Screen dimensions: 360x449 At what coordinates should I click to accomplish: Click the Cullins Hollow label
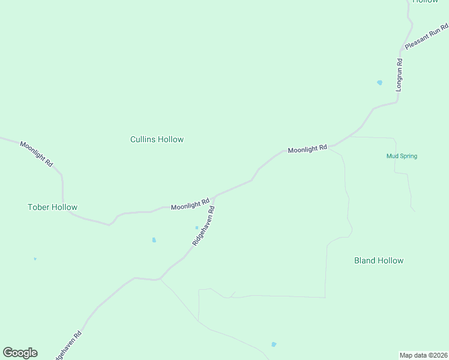pos(157,139)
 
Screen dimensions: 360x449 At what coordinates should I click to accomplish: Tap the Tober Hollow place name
pos(52,207)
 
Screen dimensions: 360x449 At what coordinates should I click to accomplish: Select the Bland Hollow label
pos(379,260)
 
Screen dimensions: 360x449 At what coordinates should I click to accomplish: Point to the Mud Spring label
pos(402,156)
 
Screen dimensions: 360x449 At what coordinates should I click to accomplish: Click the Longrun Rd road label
pos(399,74)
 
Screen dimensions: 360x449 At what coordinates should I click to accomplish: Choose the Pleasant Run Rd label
pos(426,37)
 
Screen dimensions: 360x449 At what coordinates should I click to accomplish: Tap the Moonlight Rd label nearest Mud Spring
pos(307,149)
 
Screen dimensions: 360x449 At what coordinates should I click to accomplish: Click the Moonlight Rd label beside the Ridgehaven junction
pos(190,205)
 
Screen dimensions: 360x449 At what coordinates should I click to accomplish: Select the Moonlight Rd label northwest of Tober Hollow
pos(37,154)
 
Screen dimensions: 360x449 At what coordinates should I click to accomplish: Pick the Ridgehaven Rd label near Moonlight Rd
pos(203,226)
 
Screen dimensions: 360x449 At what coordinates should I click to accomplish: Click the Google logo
pos(20,353)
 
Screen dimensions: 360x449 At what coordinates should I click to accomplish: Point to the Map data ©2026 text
pos(423,355)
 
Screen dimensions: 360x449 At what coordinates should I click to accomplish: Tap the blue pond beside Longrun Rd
pos(379,82)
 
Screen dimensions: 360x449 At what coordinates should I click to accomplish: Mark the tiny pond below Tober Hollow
pos(35,259)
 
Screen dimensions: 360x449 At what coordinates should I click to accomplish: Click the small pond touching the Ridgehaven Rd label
pos(196,227)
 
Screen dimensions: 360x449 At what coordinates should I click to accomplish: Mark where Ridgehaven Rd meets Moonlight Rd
pos(215,196)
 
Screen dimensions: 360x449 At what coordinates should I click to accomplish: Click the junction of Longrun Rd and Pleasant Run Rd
pos(402,49)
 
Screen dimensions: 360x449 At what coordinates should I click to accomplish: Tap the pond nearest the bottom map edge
pos(274,344)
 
